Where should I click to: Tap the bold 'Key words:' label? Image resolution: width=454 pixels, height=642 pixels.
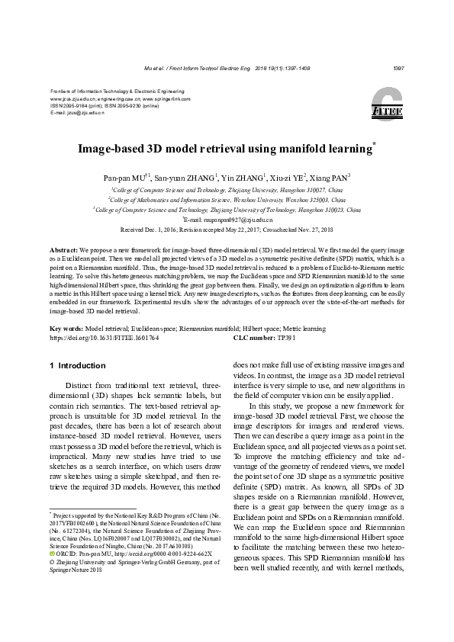coord(66,329)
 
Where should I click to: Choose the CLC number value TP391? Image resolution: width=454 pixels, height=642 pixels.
coord(286,337)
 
